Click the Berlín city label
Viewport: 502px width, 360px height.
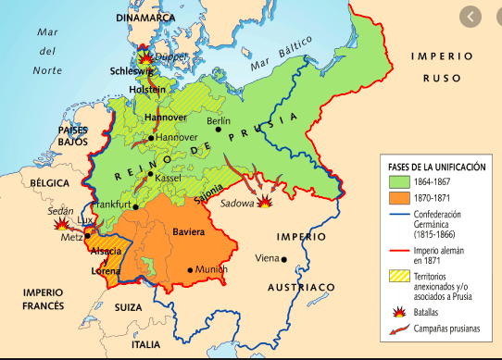tap(219, 121)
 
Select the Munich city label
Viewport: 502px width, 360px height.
tap(211, 269)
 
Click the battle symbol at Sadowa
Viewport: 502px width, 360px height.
tap(266, 200)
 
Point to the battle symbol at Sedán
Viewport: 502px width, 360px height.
tap(61, 223)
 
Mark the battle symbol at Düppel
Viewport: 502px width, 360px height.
tap(144, 53)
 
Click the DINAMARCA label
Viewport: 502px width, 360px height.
tap(146, 18)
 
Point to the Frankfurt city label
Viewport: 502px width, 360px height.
tap(112, 204)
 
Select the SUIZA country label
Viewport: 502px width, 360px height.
tap(128, 306)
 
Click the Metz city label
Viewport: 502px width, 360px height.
tap(70, 237)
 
